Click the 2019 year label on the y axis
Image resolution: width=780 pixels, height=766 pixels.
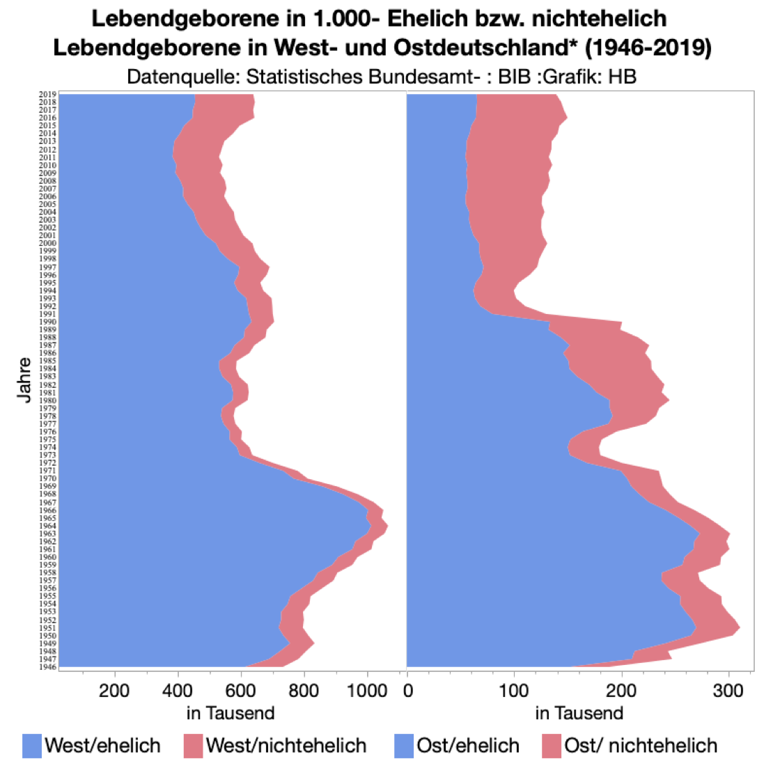[x=48, y=94]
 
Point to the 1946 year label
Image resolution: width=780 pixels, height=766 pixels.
[x=48, y=666]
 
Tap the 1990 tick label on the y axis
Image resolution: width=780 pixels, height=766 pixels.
[x=48, y=322]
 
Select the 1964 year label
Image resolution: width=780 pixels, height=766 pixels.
[x=48, y=526]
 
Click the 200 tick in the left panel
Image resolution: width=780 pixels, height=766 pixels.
[x=114, y=691]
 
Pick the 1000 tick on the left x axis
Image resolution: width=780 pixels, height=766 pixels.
[x=367, y=691]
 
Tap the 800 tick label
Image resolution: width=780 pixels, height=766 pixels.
[x=304, y=691]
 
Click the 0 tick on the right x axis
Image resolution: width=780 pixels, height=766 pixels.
[x=408, y=691]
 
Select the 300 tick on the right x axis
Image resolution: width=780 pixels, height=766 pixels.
[x=728, y=691]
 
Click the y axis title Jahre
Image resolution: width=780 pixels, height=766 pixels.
[x=25, y=380]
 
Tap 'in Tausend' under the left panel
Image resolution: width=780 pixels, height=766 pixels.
[x=231, y=713]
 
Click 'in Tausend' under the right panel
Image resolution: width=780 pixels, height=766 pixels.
[x=579, y=713]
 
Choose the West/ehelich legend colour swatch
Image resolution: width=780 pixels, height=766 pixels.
[x=32, y=746]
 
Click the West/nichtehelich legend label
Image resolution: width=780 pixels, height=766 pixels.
[x=286, y=746]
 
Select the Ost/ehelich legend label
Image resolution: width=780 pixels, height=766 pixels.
[x=468, y=746]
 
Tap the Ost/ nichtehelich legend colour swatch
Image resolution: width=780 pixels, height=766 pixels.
[x=552, y=746]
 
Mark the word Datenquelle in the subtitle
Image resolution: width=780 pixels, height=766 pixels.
[x=183, y=76]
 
